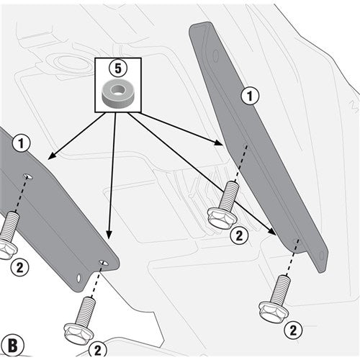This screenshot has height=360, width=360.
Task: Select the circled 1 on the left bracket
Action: coord(22,143)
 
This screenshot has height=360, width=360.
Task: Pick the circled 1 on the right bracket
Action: coord(250,94)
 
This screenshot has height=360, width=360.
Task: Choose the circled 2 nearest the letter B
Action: coord(96,350)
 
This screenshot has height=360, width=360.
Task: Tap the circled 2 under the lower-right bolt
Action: coord(293,331)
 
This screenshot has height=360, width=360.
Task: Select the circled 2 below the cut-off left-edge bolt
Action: coord(20,266)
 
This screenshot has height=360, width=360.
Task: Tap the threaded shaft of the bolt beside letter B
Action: coord(86,312)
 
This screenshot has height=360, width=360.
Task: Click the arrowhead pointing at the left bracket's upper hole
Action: coord(49,156)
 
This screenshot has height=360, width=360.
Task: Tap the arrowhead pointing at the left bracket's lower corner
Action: coord(107,238)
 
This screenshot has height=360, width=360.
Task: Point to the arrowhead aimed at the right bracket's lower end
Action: coord(274,233)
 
